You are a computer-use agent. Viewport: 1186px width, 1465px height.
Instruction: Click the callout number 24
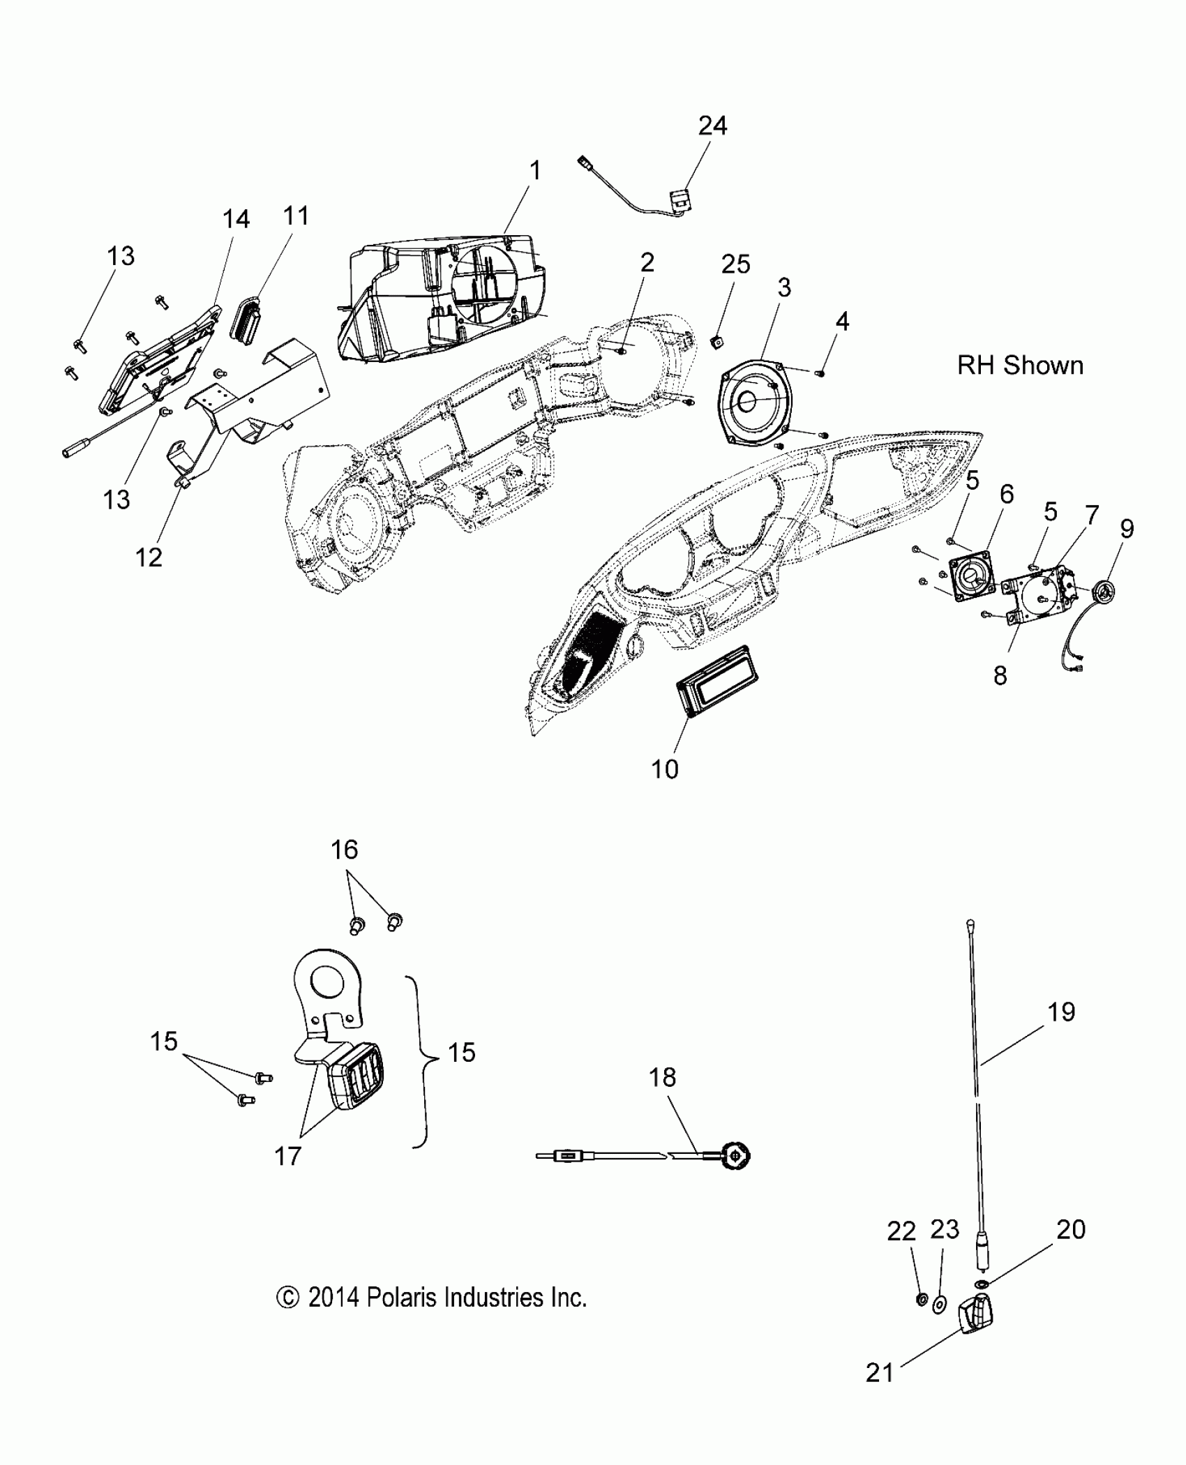[x=712, y=126]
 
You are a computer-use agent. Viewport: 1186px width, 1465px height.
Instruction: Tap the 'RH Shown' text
[x=1020, y=366]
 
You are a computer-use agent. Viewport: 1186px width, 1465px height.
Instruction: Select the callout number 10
[x=664, y=769]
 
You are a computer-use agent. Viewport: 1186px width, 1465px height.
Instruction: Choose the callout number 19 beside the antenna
[x=1061, y=1012]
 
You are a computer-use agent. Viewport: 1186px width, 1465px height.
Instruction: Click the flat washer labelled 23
[x=939, y=1302]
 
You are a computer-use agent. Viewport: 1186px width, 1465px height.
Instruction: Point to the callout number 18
[x=662, y=1078]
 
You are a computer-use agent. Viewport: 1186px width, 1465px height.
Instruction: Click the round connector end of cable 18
[x=737, y=1157]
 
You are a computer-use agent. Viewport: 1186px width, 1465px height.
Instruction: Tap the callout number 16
[x=345, y=850]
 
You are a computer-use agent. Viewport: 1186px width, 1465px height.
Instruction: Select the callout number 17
[x=287, y=1157]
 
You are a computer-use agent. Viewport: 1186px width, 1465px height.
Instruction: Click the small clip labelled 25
[x=715, y=342]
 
